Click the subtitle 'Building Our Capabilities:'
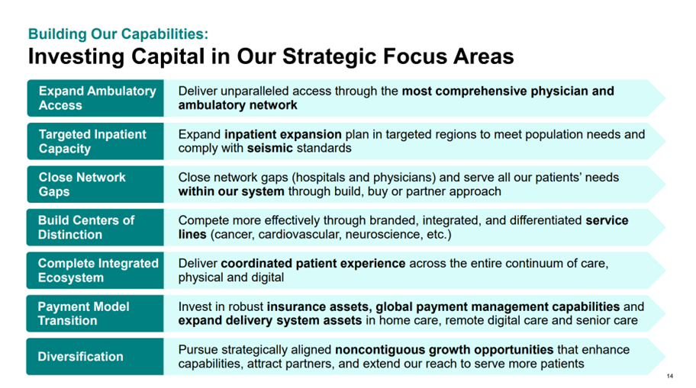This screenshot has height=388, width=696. pos(118,34)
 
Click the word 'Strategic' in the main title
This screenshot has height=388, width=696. pos(329,56)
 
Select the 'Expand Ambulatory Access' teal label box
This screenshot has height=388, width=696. pos(95,98)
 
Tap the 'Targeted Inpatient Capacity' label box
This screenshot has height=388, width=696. pos(95,141)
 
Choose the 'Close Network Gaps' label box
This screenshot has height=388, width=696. pos(95,184)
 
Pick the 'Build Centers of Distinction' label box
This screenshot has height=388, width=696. pos(95,227)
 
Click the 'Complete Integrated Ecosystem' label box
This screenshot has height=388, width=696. pos(95,271)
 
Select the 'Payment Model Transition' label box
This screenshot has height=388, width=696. pos(95,313)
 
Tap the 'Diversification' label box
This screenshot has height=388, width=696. pos(95,357)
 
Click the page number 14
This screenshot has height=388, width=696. pos(670,376)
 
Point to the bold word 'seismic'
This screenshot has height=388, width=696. pos(270,148)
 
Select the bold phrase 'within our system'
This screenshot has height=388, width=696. pos(231,191)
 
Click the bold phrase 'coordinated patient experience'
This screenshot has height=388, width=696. pos(313,264)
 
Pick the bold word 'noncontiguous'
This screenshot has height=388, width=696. pos(379,350)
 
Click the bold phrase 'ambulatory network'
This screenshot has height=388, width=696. pos(238,105)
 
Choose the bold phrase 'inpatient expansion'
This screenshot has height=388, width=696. pos(283,134)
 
